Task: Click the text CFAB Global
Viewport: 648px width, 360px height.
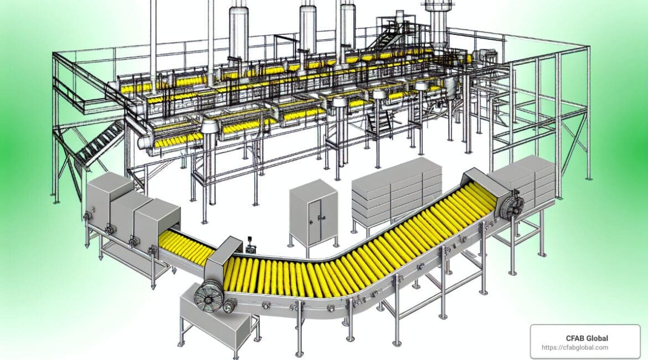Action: (x=587, y=338)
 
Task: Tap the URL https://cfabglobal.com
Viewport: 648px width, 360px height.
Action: (x=575, y=348)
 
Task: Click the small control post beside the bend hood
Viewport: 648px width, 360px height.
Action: (x=250, y=245)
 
